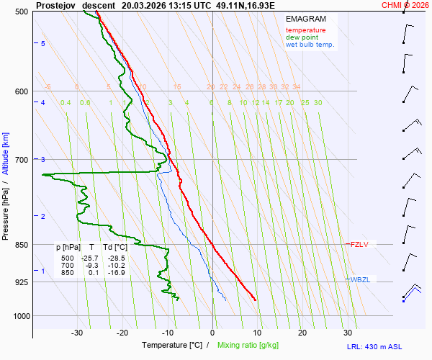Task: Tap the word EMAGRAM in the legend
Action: [x=305, y=18]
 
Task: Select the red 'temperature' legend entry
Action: [x=305, y=30]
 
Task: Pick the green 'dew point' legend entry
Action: [x=302, y=37]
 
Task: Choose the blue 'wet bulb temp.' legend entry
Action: [x=310, y=45]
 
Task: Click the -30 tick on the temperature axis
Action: [x=77, y=333]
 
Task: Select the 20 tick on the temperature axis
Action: [x=302, y=333]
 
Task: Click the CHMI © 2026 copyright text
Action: [x=405, y=5]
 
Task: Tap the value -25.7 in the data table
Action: [x=89, y=258]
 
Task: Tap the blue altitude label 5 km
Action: [x=43, y=44]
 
